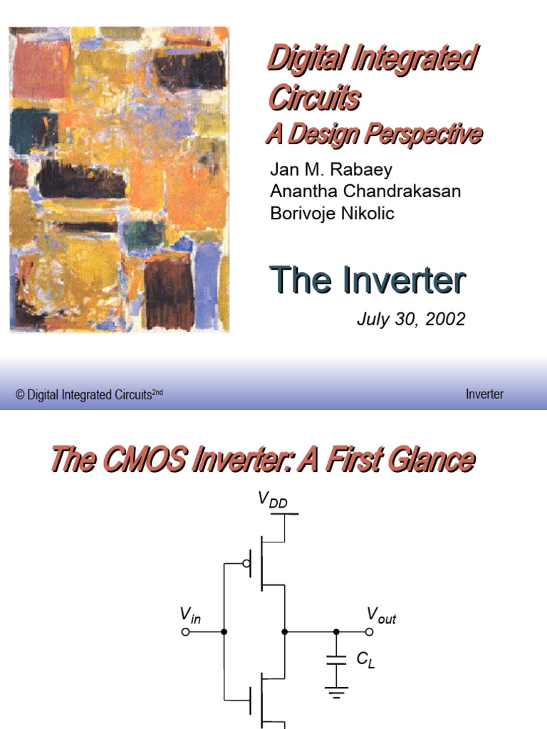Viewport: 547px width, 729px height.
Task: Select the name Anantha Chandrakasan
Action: tap(365, 192)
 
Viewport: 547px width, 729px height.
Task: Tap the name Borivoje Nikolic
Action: tap(332, 213)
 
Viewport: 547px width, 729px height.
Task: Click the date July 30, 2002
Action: tap(411, 319)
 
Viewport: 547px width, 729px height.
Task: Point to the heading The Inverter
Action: tap(368, 280)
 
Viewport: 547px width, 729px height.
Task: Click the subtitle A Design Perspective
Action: tap(374, 134)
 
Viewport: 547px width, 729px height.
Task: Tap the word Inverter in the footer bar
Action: tap(484, 394)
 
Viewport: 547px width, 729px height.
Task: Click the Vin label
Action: tap(190, 615)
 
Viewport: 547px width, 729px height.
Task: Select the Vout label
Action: tap(381, 615)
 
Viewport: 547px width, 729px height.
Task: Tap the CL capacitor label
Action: tap(365, 660)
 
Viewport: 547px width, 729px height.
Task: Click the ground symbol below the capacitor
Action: tap(335, 689)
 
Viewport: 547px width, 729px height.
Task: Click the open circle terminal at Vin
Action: tap(186, 631)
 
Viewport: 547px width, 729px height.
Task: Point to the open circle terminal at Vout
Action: tap(369, 631)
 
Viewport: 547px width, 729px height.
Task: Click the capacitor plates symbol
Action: tap(335, 660)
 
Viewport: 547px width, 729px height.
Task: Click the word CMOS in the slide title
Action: tap(143, 460)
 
